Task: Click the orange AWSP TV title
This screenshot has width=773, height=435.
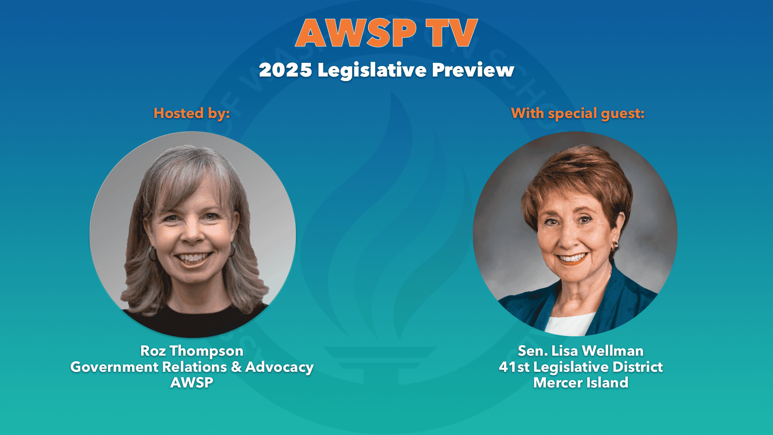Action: click(386, 33)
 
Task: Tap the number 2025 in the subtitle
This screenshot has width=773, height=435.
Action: click(285, 70)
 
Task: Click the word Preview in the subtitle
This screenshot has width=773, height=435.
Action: click(473, 70)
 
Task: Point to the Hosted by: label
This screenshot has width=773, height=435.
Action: click(192, 113)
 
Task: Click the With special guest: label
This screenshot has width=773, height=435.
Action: click(578, 113)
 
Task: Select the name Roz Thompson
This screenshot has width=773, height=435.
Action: click(192, 351)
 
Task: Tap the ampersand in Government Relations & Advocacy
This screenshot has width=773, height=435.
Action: click(236, 367)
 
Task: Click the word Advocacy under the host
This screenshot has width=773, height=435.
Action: click(279, 367)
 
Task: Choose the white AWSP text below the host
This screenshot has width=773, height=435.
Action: click(192, 382)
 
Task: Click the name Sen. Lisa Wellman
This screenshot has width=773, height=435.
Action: click(581, 351)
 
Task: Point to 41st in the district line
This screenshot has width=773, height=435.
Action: click(514, 367)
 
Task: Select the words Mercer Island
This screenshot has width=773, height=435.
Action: click(581, 382)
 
